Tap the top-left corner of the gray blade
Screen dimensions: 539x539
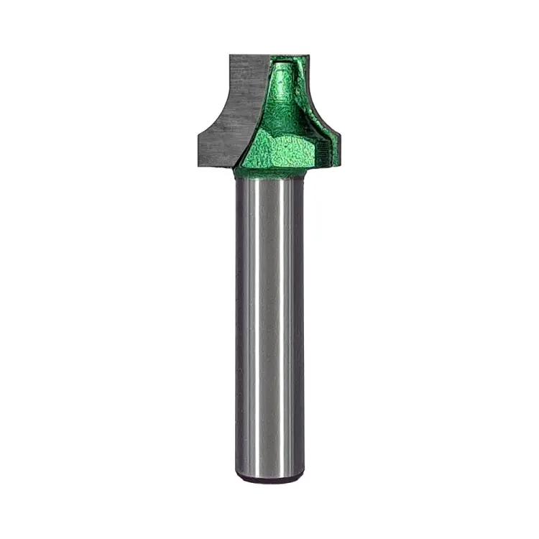231,55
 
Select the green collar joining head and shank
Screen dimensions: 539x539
269,172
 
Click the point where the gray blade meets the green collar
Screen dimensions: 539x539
235,167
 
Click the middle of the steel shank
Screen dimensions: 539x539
269,323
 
